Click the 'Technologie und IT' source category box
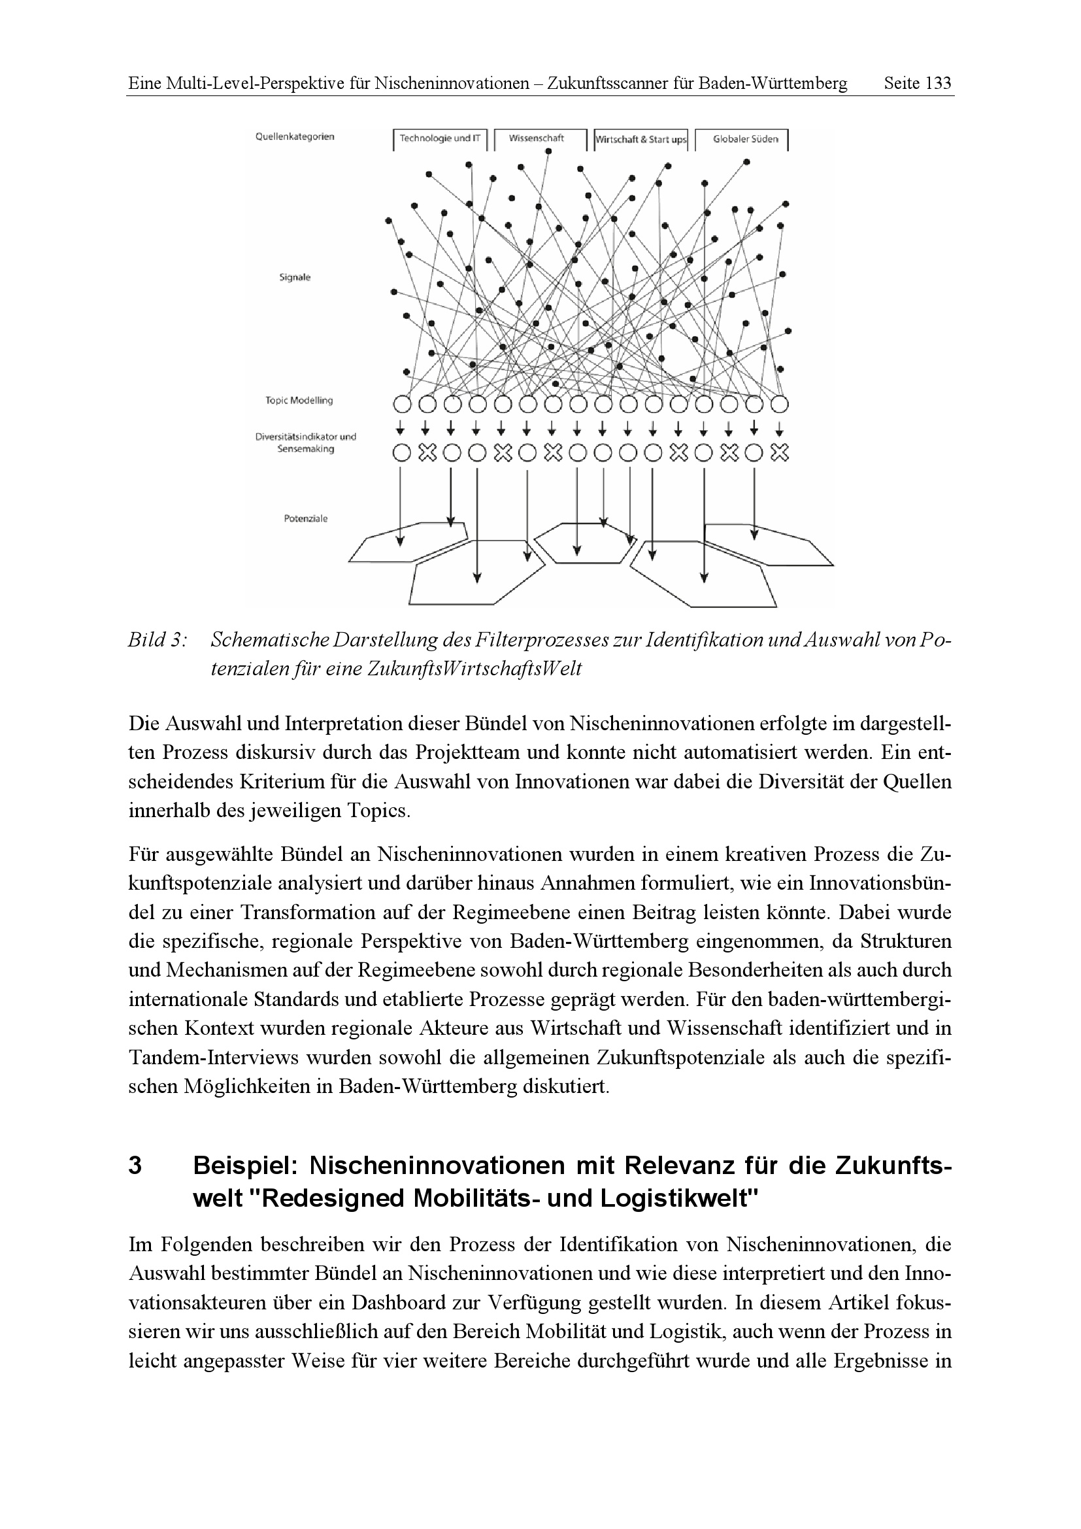[439, 139]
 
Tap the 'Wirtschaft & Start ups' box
[640, 140]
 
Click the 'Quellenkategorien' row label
[295, 137]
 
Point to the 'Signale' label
[295, 278]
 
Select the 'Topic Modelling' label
[299, 401]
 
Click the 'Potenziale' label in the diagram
[305, 519]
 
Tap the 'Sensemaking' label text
[306, 450]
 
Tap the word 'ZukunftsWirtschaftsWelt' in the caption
[474, 669]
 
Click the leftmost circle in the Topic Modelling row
[401, 404]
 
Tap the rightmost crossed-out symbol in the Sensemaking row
[780, 454]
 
